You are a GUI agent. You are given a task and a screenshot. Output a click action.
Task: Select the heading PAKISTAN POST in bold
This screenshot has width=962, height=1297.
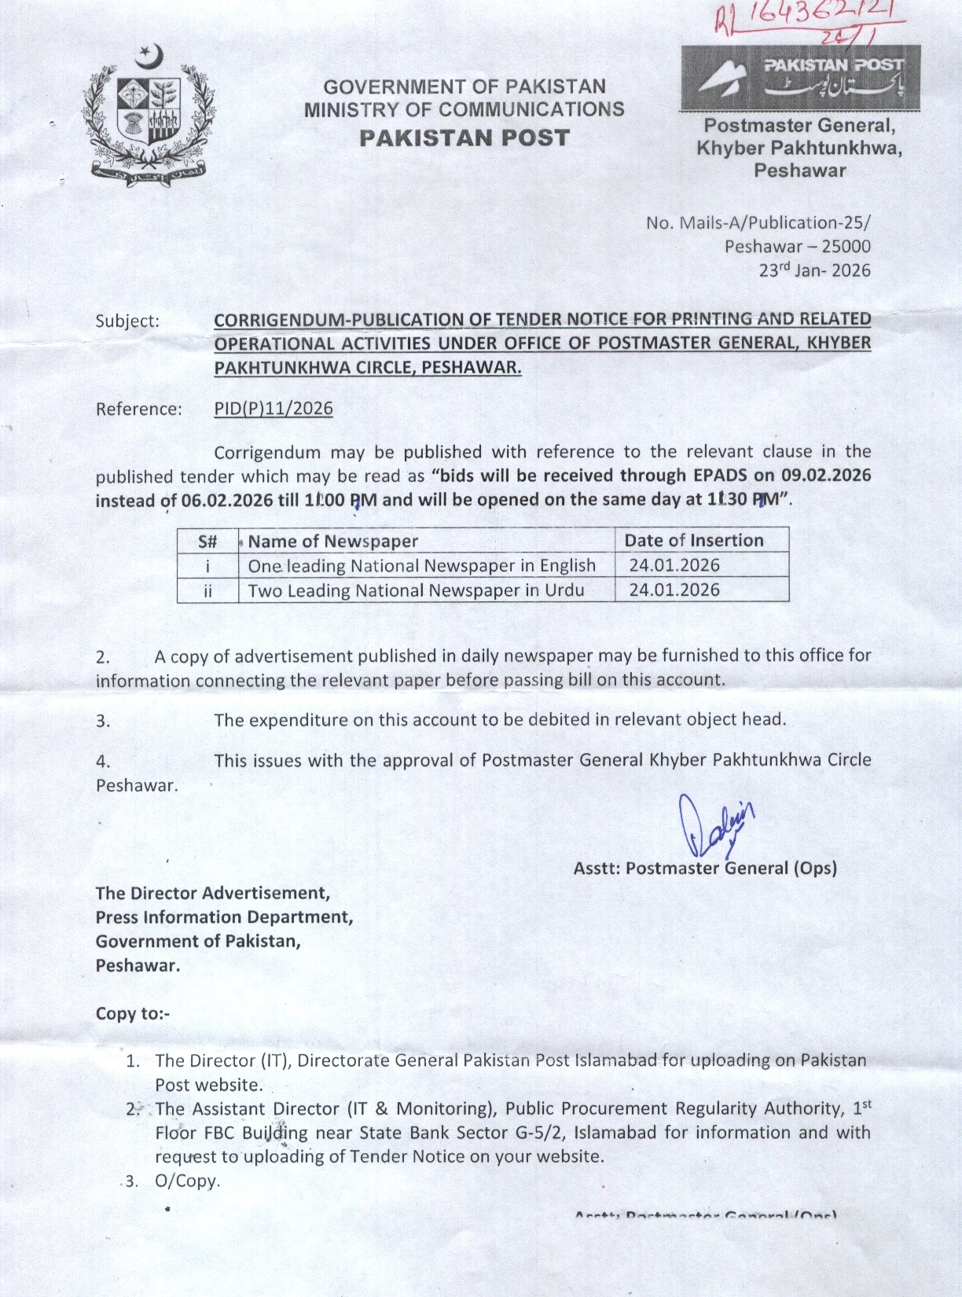point(464,138)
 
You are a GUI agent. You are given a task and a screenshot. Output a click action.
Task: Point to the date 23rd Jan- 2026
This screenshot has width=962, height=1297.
point(814,270)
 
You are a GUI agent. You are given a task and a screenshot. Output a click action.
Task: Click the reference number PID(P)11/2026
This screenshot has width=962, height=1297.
point(274,409)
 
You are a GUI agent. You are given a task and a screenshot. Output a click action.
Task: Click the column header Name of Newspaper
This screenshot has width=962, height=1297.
point(333,541)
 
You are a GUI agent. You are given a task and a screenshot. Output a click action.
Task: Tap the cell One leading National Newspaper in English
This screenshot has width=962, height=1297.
point(421,565)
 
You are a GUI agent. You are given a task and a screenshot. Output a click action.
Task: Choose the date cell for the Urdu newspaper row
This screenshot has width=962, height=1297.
point(674,590)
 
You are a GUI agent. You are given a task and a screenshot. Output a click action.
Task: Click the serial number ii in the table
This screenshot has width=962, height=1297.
point(207,590)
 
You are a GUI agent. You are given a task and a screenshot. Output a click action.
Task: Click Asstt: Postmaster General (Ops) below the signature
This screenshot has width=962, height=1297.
point(705,868)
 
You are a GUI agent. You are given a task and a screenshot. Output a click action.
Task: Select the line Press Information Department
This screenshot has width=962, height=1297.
point(224,917)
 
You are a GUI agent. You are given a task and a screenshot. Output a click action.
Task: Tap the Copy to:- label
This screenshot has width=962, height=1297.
point(133,1013)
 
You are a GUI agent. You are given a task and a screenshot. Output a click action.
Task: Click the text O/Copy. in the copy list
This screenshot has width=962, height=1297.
point(188,1181)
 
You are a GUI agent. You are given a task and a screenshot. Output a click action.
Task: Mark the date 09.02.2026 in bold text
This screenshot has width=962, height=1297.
point(826,475)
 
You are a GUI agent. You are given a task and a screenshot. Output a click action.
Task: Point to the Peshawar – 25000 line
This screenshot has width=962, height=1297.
point(797,247)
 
